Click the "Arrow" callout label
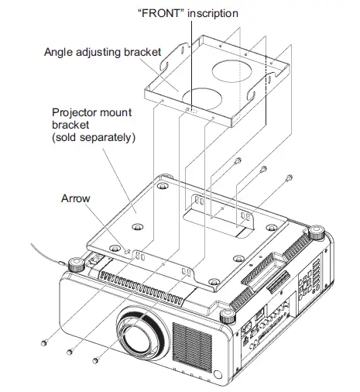tap(76, 198)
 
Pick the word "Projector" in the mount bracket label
tap(73, 112)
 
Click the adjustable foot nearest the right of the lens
tap(226, 315)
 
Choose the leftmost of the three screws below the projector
tap(44, 341)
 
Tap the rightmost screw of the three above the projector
tap(289, 177)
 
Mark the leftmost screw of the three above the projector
tap(236, 163)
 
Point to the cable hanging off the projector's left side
tap(43, 253)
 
